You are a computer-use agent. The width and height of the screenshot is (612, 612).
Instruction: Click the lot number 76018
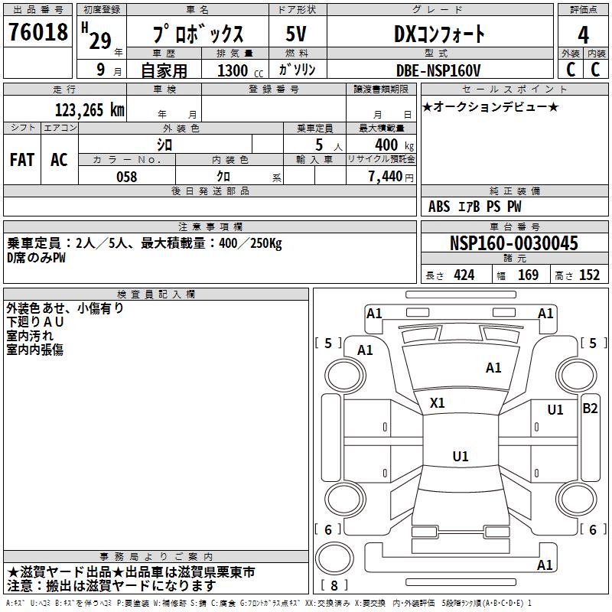[x=37, y=32]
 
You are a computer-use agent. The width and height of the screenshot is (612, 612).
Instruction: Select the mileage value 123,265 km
[x=90, y=109]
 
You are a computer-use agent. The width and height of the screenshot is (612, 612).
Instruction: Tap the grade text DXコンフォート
[x=439, y=34]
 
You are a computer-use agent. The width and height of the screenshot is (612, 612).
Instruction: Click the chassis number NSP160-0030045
[x=514, y=243]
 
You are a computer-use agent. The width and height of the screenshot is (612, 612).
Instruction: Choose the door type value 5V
[x=297, y=34]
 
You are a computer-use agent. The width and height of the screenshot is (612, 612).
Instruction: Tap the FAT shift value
[x=22, y=160]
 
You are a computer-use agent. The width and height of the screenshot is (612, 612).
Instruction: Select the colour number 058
[x=126, y=177]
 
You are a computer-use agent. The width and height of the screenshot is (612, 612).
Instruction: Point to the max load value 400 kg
[x=391, y=145]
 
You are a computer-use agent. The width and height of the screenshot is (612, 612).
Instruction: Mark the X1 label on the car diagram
[x=438, y=402]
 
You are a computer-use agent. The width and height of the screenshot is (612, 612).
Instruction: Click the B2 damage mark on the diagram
[x=590, y=409]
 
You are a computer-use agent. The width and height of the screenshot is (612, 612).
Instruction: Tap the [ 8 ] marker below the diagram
[x=334, y=587]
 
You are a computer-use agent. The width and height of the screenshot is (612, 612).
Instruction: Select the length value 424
[x=464, y=275]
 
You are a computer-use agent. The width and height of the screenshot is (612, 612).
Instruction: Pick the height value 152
[x=589, y=275]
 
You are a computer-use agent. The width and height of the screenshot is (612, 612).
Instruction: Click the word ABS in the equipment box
[x=439, y=207]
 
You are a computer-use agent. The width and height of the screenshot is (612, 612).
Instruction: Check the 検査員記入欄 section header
[x=156, y=295]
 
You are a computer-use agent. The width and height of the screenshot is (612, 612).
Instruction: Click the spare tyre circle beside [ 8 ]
[x=334, y=557]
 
